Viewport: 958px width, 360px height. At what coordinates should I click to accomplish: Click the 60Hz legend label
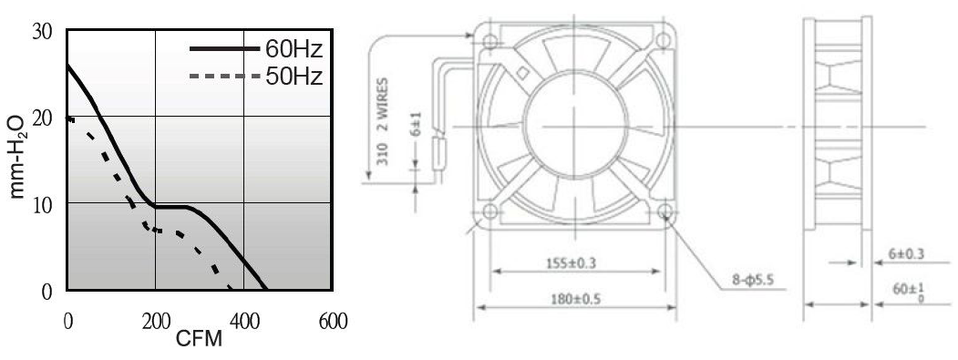(x=294, y=48)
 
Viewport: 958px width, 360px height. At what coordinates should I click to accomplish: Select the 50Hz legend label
(x=294, y=77)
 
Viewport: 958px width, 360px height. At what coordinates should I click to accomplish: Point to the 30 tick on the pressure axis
(x=42, y=31)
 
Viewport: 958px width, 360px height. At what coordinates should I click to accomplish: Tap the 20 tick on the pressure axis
(x=42, y=117)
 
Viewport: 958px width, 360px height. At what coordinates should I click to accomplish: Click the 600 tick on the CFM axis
(x=333, y=322)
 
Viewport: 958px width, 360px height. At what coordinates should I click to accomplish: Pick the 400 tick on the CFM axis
(x=244, y=322)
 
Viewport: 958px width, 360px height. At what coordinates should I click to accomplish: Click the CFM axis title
(x=200, y=339)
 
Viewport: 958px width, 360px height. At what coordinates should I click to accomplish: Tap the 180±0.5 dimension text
(x=574, y=299)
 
